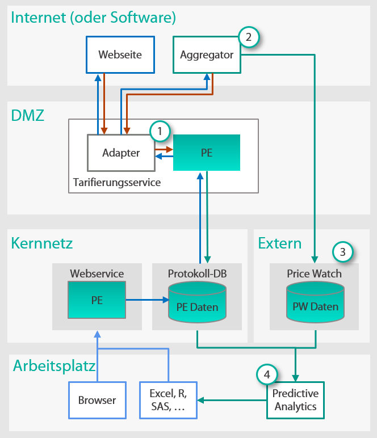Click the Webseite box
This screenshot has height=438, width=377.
coord(120,55)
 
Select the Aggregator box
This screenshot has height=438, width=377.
coord(206,55)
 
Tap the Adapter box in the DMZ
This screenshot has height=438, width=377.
coord(121,153)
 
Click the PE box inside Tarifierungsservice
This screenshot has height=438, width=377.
coord(207,153)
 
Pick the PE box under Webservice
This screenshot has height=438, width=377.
coord(97,301)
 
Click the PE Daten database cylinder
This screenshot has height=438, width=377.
coord(197,301)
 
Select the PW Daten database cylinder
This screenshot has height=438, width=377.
coord(315,301)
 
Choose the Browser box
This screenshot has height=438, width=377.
coord(97,400)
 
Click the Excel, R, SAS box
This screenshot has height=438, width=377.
coord(168,400)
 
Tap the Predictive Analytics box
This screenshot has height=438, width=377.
coord(295,400)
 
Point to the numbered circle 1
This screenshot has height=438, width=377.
coord(160,131)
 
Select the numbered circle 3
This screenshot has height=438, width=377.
coord(342,251)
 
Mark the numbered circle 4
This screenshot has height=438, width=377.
coord(267,373)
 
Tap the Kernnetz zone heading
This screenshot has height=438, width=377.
coord(42,243)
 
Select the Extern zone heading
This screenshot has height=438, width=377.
coord(279,243)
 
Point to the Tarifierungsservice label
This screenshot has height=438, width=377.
coord(117,182)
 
